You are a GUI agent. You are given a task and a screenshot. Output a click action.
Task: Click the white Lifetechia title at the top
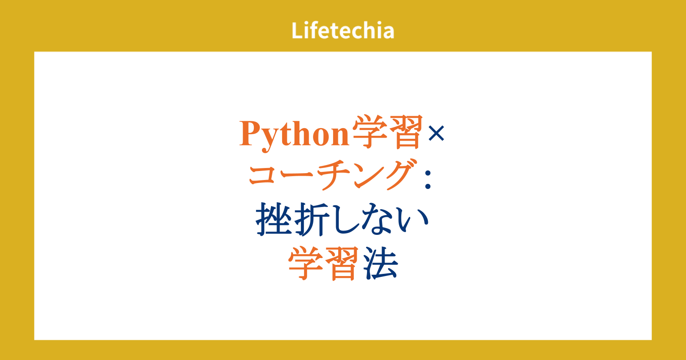343,30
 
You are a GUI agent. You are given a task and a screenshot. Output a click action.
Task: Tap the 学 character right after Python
370,132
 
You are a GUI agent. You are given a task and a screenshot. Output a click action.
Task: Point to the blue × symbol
436,133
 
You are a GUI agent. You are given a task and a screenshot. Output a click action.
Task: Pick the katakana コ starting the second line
263,175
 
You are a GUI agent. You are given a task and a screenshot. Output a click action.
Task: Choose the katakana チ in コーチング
334,175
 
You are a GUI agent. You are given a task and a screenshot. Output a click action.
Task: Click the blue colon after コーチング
428,180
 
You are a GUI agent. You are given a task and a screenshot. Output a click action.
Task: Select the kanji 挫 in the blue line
274,219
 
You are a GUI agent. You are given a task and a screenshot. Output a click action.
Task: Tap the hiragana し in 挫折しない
345,219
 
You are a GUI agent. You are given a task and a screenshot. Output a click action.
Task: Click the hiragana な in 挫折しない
379,219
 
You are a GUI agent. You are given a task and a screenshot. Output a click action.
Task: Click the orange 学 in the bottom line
306,263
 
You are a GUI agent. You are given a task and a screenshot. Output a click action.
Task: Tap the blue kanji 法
380,263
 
